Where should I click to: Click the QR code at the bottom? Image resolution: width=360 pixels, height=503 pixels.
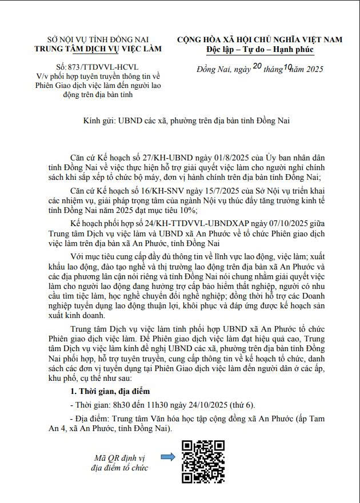pyautogui.click(x=203, y=461)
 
